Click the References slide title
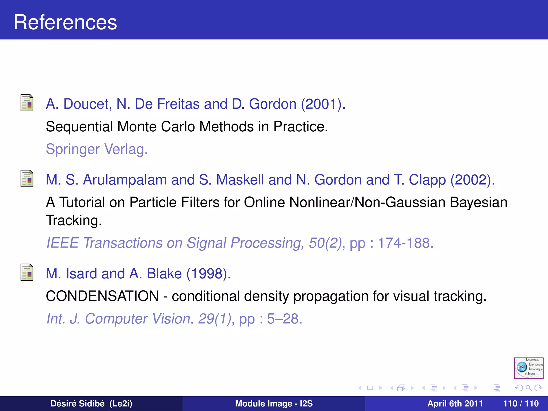65,22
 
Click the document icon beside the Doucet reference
27,103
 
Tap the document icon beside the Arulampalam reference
27,178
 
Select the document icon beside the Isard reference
27,272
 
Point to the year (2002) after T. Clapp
473,180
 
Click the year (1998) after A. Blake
208,273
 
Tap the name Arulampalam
125,180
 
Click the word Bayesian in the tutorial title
478,202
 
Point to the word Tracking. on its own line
74,220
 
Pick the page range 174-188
405,243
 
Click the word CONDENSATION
102,296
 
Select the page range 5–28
284,319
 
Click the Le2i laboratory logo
528,368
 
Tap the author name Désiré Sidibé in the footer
78,404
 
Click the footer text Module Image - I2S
274,404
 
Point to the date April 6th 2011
455,404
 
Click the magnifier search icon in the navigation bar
528,388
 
